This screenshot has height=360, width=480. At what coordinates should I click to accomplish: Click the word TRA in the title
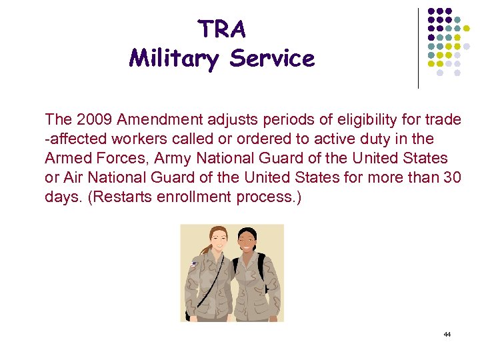(222, 29)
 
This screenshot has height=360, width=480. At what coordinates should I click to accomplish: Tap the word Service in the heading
(272, 59)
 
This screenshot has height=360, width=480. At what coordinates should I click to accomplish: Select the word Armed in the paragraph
(65, 159)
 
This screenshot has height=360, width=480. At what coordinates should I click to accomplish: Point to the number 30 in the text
(453, 178)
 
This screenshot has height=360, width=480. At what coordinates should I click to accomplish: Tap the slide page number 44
(447, 333)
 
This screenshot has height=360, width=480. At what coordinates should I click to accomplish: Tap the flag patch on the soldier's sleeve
(193, 264)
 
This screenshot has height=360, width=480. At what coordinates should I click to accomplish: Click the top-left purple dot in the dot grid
(431, 11)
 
